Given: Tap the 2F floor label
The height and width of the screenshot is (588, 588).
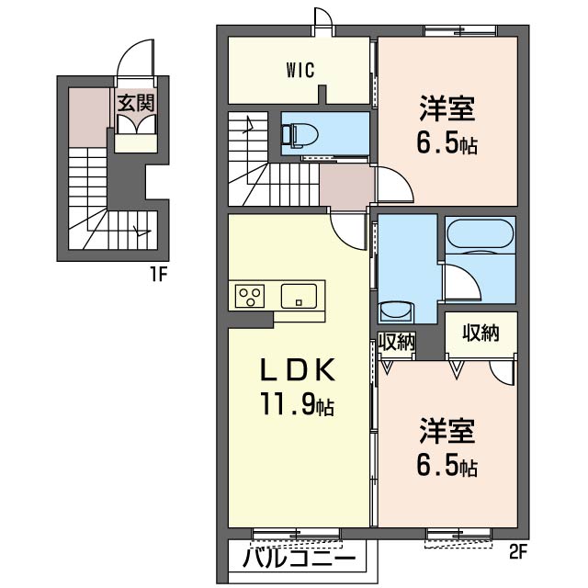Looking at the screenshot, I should (519, 554).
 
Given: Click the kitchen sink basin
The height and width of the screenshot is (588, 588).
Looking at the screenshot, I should (299, 296).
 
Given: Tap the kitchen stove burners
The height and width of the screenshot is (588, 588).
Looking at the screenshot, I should (250, 296).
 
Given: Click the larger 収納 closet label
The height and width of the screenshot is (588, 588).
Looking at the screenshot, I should (481, 333).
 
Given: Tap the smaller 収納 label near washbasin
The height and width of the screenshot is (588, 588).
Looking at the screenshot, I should (397, 342).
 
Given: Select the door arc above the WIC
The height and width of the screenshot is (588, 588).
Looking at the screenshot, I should (323, 18).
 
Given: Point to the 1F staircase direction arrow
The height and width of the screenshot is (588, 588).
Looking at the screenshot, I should (138, 230).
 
